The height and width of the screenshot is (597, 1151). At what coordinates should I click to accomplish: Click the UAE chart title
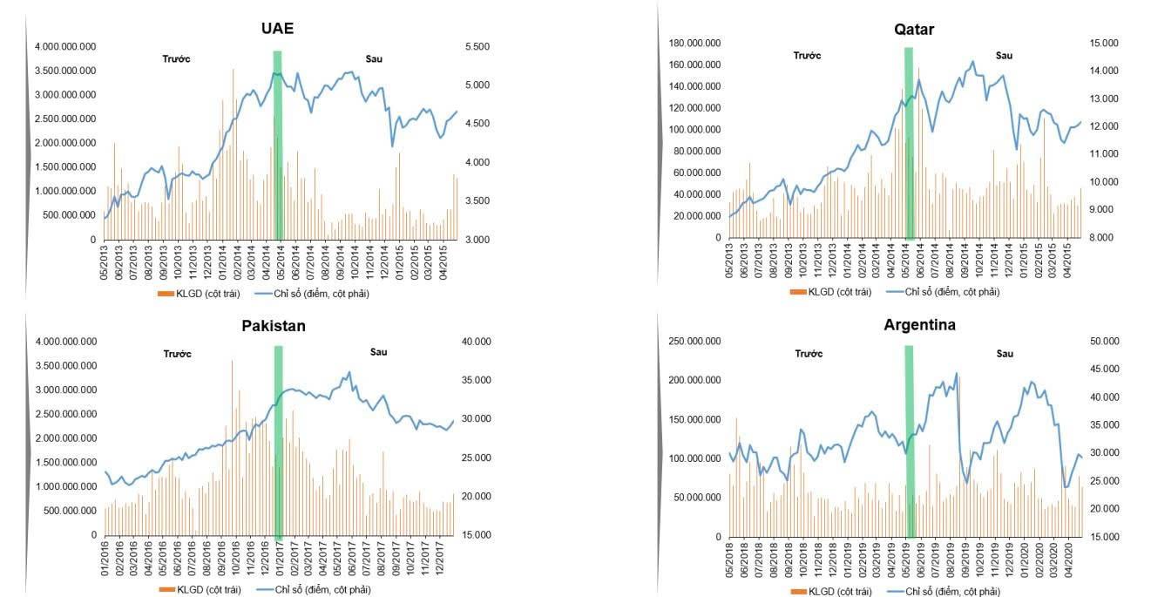pos(277,28)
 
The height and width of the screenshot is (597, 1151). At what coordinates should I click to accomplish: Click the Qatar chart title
pos(913,30)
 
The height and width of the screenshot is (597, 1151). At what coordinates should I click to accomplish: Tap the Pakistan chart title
pos(274,326)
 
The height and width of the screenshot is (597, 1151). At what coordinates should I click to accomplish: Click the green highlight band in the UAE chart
pos(278,144)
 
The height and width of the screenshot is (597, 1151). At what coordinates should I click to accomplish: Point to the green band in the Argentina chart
pos(909,440)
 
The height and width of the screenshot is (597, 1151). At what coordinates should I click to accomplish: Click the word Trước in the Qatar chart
pos(807,56)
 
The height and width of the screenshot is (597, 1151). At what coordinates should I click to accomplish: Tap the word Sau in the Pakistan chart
pos(378,352)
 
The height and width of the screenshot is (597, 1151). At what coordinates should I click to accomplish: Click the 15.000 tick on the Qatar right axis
pos(1103,43)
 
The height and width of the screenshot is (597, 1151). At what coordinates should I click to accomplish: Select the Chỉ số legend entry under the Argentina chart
pos(951,592)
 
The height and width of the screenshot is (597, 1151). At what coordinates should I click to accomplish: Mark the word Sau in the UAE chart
pos(374,59)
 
